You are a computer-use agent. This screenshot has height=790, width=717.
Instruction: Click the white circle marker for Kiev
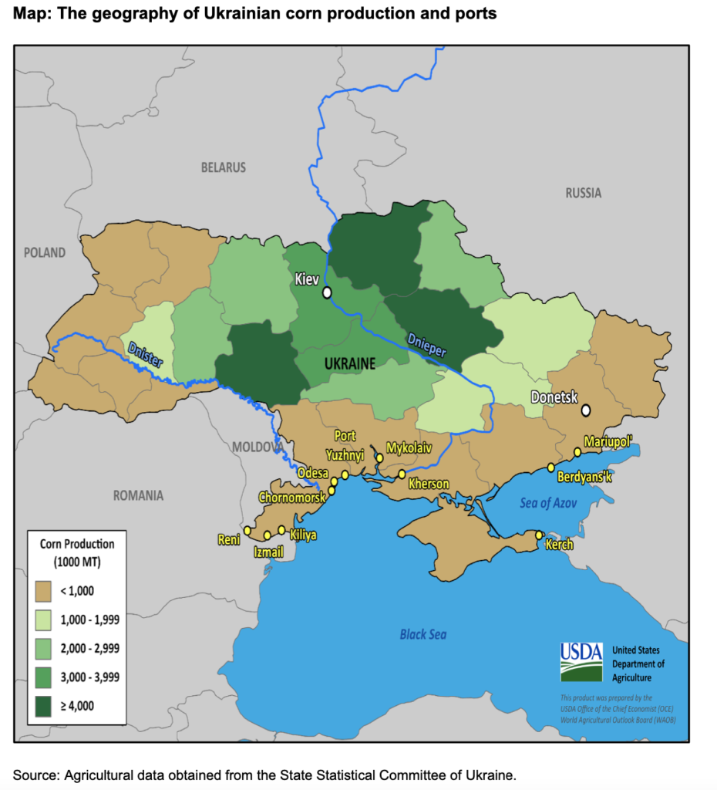[327, 292]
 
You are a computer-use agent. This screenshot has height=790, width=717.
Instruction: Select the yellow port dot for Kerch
[539, 535]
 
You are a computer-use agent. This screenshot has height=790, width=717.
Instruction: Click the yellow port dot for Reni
[247, 530]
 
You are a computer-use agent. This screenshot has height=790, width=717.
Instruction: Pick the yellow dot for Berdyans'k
[550, 468]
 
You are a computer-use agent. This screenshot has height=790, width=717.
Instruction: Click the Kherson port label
[429, 484]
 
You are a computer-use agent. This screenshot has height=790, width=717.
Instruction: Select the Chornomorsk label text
[292, 497]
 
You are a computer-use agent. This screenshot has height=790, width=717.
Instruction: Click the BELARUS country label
[223, 167]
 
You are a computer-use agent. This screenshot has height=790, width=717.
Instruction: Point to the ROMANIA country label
[138, 495]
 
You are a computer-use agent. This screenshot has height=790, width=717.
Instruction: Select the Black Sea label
[422, 634]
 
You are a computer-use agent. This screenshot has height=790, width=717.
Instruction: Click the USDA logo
[581, 661]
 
